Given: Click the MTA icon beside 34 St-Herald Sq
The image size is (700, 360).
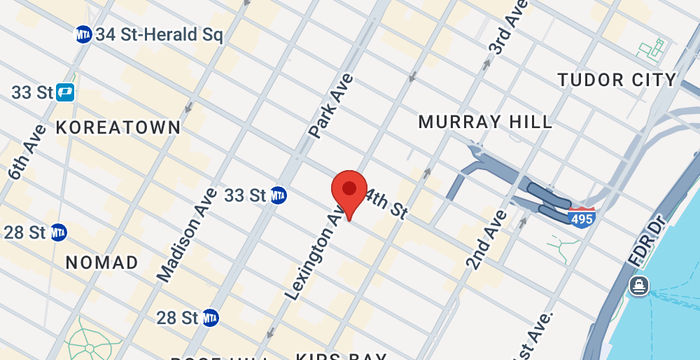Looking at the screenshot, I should [83, 35].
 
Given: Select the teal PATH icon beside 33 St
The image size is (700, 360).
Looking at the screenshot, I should [66, 92].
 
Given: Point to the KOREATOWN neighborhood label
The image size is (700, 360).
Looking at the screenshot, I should [119, 127].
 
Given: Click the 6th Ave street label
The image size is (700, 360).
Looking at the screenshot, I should [26, 153].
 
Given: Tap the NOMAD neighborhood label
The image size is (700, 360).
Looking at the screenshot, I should [101, 262].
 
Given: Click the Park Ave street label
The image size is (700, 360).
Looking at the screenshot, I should [331, 105].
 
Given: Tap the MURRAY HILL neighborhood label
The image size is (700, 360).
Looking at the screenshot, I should [485, 121].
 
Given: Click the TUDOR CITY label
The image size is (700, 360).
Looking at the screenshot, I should [616, 79].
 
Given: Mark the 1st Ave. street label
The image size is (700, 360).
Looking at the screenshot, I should [532, 335].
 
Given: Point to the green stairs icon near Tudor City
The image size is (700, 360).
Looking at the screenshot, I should [655, 46].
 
